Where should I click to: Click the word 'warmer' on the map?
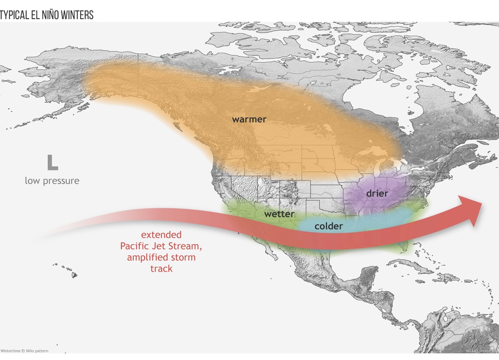click(249, 119)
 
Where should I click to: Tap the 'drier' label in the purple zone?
click(377, 193)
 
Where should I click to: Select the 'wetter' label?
click(279, 214)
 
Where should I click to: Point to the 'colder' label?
click(329, 226)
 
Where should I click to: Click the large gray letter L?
click(52, 163)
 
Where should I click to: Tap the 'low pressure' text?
click(52, 181)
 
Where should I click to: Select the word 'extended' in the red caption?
click(161, 235)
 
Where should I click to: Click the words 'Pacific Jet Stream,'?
click(161, 246)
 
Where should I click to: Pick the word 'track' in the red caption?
click(161, 269)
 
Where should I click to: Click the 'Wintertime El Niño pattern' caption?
click(24, 351)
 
